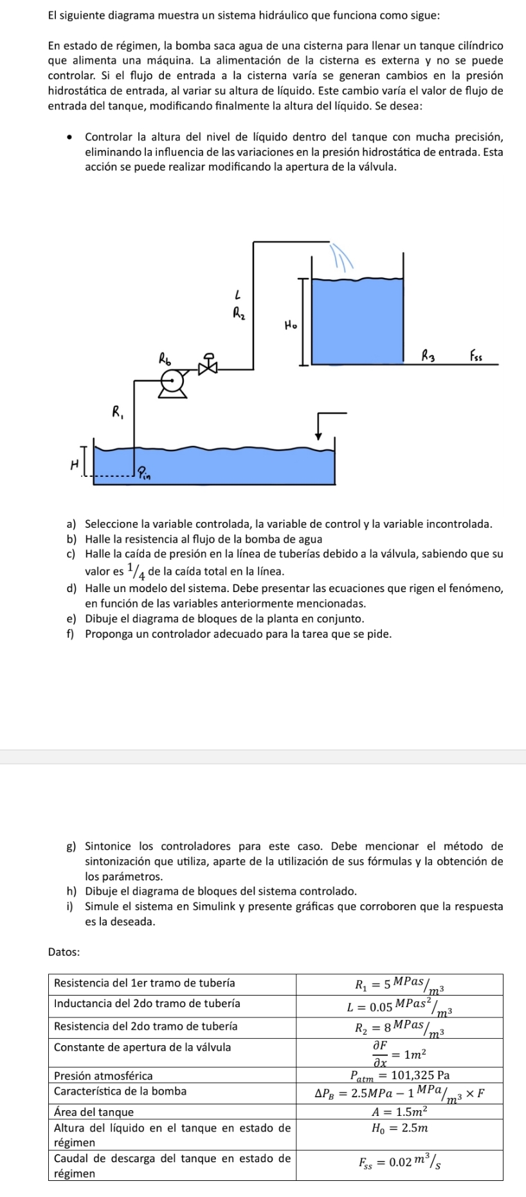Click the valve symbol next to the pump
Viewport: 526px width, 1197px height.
click(208, 365)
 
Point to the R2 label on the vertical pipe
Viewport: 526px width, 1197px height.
click(239, 314)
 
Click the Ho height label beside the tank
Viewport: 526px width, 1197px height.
click(291, 324)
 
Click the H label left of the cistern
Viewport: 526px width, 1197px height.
click(74, 463)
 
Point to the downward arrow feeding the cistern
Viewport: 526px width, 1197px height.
click(318, 428)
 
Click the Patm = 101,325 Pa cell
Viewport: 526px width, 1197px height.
click(399, 1075)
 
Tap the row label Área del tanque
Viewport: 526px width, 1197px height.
click(95, 1111)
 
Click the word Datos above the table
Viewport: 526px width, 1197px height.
click(64, 952)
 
